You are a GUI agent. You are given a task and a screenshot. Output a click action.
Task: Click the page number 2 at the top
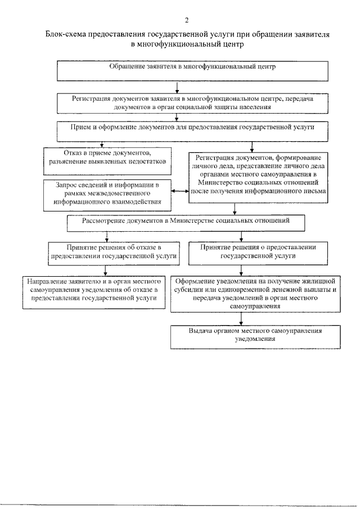(179, 20)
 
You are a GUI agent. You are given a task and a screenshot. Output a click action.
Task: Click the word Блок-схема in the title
(66, 34)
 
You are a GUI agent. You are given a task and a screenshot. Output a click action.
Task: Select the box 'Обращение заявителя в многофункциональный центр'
(192, 70)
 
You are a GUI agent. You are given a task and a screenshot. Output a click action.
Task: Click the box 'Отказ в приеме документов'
(109, 157)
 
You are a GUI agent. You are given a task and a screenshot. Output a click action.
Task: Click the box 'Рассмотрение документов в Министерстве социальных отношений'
(186, 222)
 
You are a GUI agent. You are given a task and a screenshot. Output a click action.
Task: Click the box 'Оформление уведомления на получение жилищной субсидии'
(256, 293)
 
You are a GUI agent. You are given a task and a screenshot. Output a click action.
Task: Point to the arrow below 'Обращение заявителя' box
(177, 87)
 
